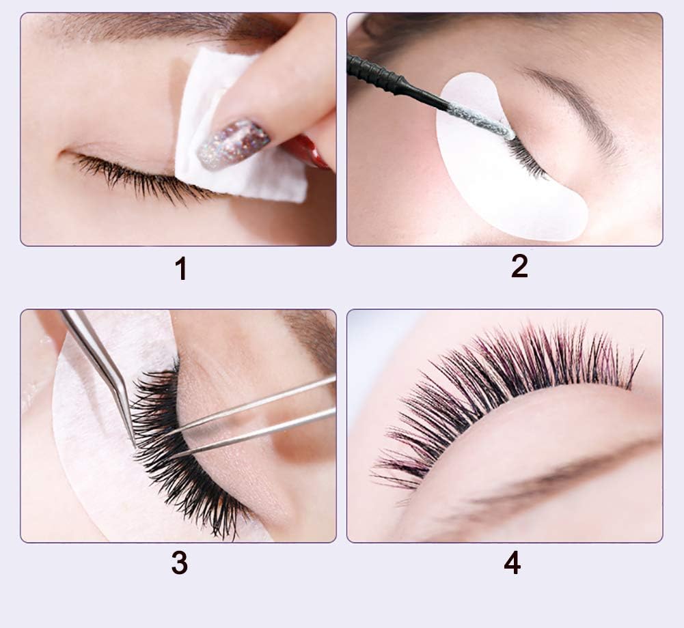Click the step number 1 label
click(180, 268)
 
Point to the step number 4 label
click(512, 562)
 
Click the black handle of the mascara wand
click(383, 78)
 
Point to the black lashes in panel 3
click(171, 444)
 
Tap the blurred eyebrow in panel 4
click(547, 478)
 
